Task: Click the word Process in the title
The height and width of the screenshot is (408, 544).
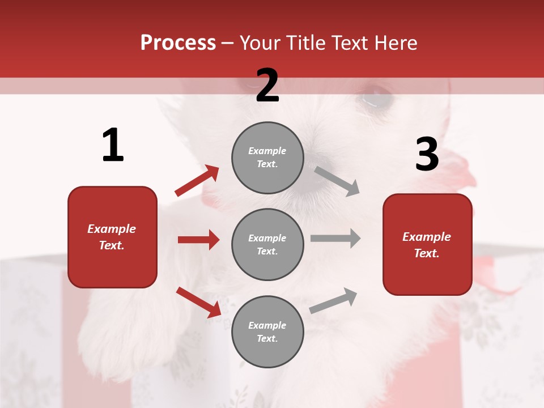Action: tap(178, 43)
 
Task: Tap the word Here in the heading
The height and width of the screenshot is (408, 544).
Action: tap(393, 43)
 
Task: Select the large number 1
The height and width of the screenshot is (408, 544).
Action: tap(113, 145)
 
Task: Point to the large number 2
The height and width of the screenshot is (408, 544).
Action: tap(267, 85)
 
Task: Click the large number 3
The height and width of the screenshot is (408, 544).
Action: tap(427, 154)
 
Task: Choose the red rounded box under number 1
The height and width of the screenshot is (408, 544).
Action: tap(112, 237)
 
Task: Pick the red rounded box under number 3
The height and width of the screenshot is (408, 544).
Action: tap(427, 245)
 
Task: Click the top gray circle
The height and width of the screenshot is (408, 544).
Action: tap(267, 158)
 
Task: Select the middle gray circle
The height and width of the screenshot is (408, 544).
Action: tap(267, 244)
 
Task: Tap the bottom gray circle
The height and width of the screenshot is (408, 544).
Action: tap(267, 331)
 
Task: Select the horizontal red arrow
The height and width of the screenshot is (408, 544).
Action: tap(198, 240)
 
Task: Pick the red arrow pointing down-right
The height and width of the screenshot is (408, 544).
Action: tap(198, 302)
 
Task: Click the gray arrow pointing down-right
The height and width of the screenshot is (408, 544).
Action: tap(337, 181)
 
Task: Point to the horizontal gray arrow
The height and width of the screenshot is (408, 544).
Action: tap(335, 238)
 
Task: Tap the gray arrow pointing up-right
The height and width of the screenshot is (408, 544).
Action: tap(333, 301)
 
